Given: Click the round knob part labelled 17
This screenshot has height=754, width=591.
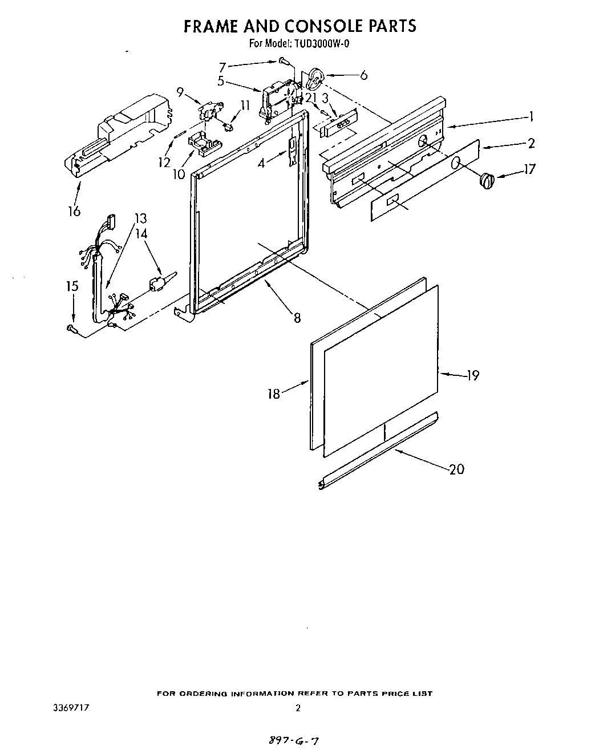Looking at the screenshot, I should point(485,181).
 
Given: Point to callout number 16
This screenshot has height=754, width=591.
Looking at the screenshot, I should point(74,211).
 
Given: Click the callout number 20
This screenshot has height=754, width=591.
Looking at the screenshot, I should point(456,469).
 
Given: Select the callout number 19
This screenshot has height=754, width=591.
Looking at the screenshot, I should point(473,375).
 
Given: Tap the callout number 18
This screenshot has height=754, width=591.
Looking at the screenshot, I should point(274,394).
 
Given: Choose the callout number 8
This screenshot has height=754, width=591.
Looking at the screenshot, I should point(297,318).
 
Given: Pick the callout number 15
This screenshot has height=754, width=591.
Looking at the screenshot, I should point(72,286).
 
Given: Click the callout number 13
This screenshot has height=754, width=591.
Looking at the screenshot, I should point(140,218).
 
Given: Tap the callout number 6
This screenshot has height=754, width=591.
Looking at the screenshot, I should point(363,75).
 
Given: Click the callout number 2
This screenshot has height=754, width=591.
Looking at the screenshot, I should point(531,143).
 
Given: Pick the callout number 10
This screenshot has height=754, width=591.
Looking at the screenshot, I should point(180,174).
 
